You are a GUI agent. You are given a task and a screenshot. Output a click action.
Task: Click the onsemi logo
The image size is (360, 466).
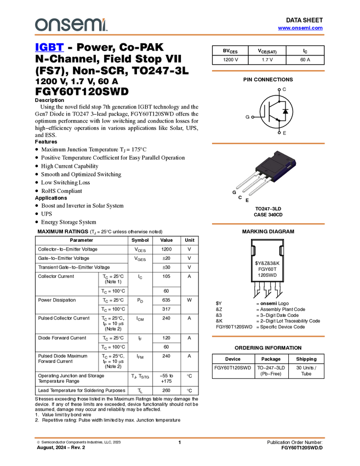[x=71, y=25]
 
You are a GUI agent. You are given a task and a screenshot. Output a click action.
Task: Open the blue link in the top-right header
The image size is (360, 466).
[x=300, y=28]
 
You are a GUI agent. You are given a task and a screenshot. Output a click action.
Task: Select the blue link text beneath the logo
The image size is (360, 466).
[x=49, y=47]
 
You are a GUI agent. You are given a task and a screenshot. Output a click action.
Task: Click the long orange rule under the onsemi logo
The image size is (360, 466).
[x=180, y=35]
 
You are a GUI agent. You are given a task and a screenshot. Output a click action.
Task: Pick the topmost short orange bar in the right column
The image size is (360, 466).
[x=268, y=71]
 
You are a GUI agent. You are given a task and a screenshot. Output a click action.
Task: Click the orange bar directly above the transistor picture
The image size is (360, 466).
[x=268, y=143]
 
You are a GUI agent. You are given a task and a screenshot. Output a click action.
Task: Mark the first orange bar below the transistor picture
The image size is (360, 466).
[x=268, y=224]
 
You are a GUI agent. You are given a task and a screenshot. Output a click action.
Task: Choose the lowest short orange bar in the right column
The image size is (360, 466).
[x=268, y=336]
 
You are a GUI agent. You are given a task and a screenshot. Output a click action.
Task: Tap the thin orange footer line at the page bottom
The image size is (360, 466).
[x=180, y=437]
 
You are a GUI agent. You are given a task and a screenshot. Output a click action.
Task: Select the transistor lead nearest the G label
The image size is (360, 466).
[x=245, y=181]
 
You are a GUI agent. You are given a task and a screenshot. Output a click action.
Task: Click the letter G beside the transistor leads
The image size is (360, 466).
[x=234, y=192]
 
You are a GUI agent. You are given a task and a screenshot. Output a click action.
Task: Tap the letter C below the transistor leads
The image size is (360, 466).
[x=240, y=197]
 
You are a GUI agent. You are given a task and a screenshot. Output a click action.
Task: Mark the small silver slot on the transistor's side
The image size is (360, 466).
[x=289, y=164]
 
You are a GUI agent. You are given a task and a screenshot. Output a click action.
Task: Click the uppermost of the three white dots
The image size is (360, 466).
[x=279, y=89]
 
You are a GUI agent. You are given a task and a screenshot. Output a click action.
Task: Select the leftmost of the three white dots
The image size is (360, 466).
[x=252, y=117]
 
